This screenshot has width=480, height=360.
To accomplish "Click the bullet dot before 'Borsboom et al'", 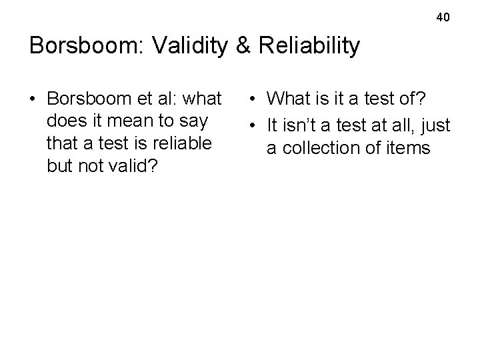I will (33, 100).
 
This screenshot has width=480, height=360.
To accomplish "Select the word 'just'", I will (436, 124).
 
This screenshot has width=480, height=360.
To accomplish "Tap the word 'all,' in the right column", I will (400, 124).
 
